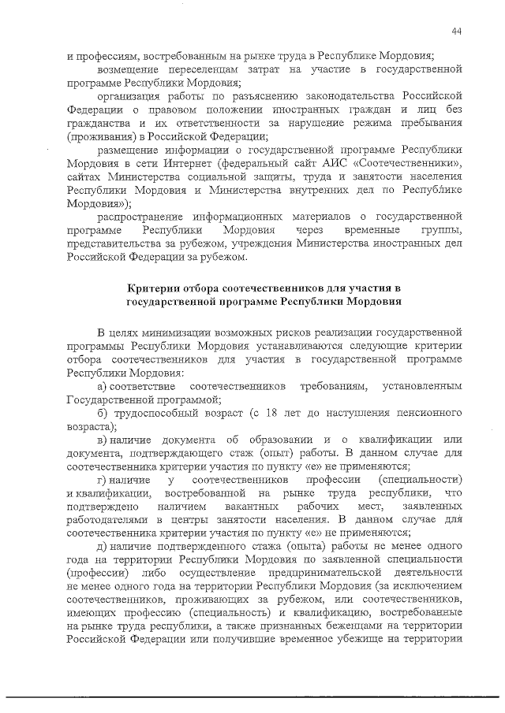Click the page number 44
pyautogui.click(x=458, y=31)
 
